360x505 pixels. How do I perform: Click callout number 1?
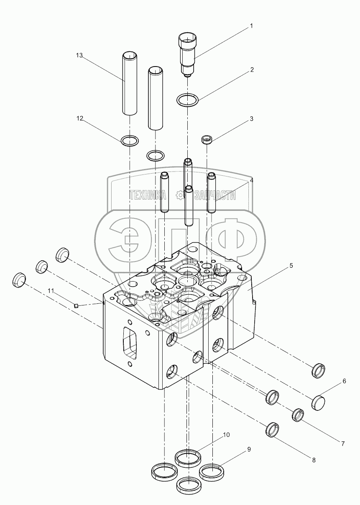(251, 26)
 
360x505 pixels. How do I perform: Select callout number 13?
(79, 55)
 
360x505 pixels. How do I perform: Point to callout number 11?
(51, 290)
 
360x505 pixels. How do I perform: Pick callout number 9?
(249, 449)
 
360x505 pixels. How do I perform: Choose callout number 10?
(226, 435)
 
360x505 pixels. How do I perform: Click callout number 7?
(343, 443)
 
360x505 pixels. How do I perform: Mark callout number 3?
(251, 119)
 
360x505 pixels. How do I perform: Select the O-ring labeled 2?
(187, 100)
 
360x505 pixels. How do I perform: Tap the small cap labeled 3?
(206, 139)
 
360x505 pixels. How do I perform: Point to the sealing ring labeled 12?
(130, 141)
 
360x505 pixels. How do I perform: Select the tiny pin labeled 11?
(76, 305)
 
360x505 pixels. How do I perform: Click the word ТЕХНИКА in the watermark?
(148, 195)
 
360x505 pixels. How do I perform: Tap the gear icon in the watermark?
(180, 195)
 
